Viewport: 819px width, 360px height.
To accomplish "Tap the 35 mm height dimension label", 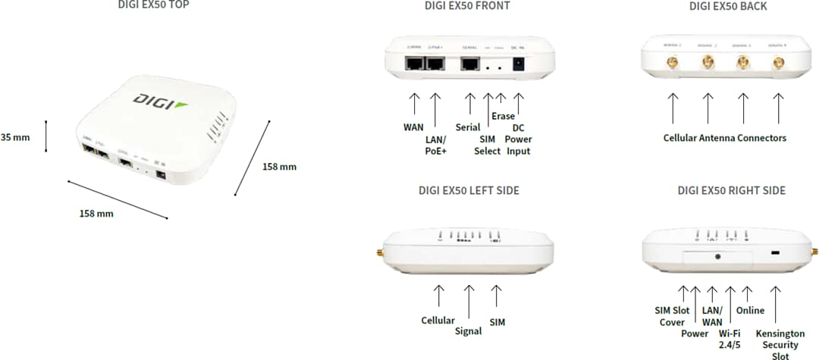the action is tap(15, 137).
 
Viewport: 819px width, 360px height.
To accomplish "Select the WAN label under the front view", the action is tap(413, 127).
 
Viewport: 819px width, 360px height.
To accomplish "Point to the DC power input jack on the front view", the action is tap(519, 66).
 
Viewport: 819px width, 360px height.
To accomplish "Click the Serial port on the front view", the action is tap(469, 65).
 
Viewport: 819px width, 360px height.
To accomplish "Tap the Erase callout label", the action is tap(503, 116).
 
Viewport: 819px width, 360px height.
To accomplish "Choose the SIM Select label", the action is tap(487, 145).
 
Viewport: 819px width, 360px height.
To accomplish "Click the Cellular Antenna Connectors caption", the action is tap(724, 138).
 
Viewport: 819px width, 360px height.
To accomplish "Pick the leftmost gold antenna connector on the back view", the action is tap(672, 64).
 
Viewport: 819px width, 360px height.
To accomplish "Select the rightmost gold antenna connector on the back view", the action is tap(778, 65).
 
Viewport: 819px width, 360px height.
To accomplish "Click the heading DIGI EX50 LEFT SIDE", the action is tap(469, 190).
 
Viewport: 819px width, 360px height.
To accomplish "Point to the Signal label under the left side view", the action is tap(469, 330).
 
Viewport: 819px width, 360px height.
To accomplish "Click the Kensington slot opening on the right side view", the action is tap(776, 253).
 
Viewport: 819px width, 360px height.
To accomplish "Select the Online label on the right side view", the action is tap(750, 310).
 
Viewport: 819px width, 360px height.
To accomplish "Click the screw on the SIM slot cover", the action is tap(717, 256).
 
